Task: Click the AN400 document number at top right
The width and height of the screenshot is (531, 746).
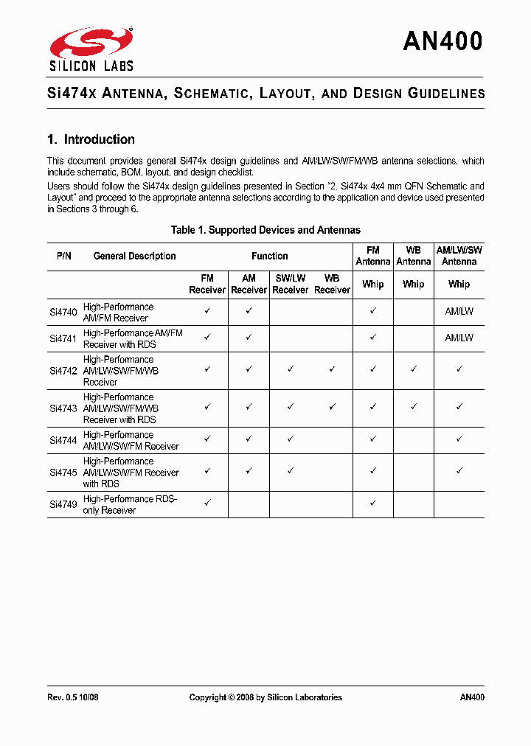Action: pyautogui.click(x=442, y=41)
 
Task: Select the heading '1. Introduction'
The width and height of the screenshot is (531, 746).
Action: pyautogui.click(x=91, y=139)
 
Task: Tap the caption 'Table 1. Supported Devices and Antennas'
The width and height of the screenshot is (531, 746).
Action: pyautogui.click(x=265, y=230)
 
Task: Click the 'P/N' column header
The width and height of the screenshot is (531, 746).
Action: pyautogui.click(x=64, y=257)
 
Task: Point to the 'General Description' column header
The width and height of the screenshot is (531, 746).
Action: pyautogui.click(x=134, y=257)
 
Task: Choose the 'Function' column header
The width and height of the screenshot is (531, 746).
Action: pyautogui.click(x=269, y=257)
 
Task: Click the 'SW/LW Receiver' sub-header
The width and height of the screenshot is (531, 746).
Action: pyautogui.click(x=290, y=285)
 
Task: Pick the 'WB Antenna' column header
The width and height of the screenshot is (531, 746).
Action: pyautogui.click(x=413, y=257)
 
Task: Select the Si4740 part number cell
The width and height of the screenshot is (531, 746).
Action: pyautogui.click(x=63, y=313)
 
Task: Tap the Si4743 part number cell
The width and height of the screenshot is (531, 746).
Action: pyautogui.click(x=63, y=408)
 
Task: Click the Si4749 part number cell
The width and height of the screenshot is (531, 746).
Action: pyautogui.click(x=63, y=505)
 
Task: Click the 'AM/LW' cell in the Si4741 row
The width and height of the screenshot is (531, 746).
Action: pyautogui.click(x=459, y=338)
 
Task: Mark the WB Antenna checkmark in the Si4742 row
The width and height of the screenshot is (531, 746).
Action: pyautogui.click(x=414, y=369)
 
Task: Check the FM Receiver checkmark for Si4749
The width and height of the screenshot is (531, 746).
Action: pyautogui.click(x=207, y=502)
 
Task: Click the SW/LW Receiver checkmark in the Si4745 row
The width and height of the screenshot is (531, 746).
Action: pyautogui.click(x=291, y=470)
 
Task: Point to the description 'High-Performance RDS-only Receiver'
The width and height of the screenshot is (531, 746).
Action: pyautogui.click(x=130, y=505)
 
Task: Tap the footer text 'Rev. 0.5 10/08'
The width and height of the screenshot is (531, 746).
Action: pyautogui.click(x=72, y=697)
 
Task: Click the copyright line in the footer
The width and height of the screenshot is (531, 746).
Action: pyautogui.click(x=265, y=697)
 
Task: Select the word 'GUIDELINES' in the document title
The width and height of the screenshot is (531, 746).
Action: pyautogui.click(x=446, y=94)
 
